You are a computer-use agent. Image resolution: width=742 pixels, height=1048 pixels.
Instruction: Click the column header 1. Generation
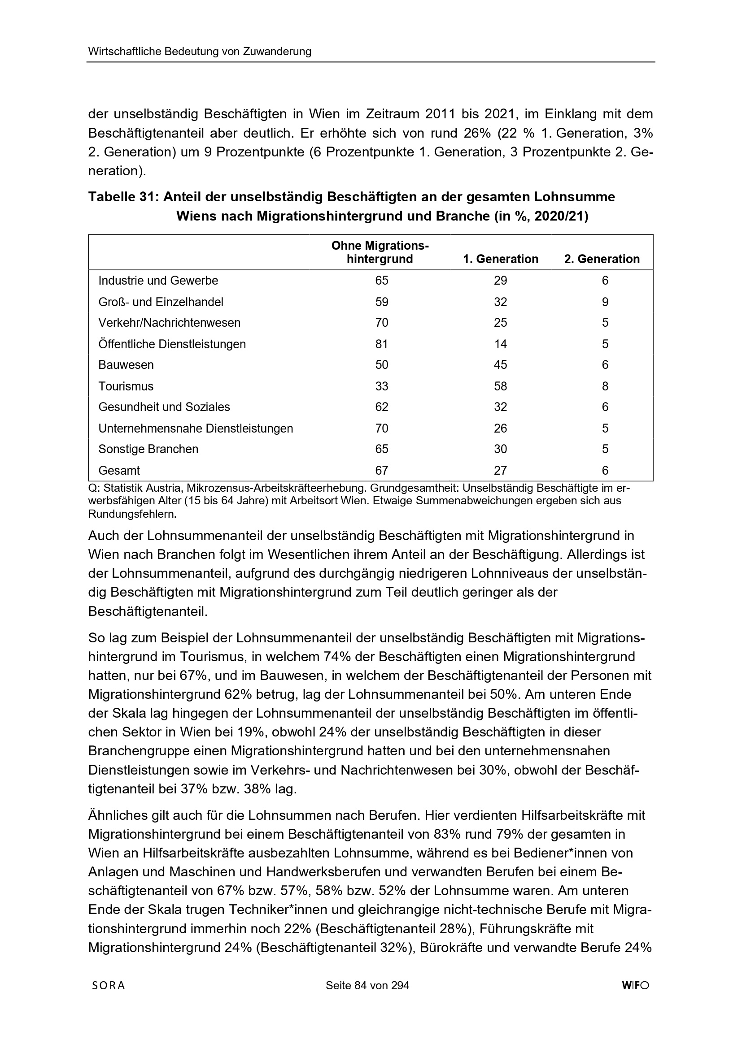pyautogui.click(x=500, y=259)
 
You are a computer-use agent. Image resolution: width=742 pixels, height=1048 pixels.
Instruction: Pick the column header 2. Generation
pyautogui.click(x=602, y=259)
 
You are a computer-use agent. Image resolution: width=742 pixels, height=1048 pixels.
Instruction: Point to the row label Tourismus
pyautogui.click(x=126, y=386)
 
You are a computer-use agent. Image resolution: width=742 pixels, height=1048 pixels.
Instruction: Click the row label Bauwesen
pyautogui.click(x=126, y=365)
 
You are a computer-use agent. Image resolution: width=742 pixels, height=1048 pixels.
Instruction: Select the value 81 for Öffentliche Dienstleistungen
pyautogui.click(x=381, y=344)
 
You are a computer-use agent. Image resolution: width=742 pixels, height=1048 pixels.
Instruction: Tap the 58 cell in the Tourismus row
pyautogui.click(x=500, y=386)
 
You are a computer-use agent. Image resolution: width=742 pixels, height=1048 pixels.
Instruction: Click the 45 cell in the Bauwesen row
pyautogui.click(x=500, y=365)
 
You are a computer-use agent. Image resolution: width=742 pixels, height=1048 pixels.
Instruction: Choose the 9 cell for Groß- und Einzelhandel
pyautogui.click(x=605, y=302)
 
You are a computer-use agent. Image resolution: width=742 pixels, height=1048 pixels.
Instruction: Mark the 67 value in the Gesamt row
pyautogui.click(x=381, y=470)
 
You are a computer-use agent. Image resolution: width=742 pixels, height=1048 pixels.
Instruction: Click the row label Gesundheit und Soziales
pyautogui.click(x=164, y=407)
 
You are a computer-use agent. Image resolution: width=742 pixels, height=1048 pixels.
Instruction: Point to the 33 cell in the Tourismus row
pyautogui.click(x=381, y=386)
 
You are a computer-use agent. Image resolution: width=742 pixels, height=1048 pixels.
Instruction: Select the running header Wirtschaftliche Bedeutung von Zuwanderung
pyautogui.click(x=200, y=52)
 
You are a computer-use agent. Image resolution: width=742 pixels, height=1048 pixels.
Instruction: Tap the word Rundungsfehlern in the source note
pyautogui.click(x=132, y=514)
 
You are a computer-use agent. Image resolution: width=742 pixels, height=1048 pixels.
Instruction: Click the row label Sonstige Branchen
pyautogui.click(x=148, y=449)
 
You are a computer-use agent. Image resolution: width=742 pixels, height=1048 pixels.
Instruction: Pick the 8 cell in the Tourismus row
pyautogui.click(x=605, y=386)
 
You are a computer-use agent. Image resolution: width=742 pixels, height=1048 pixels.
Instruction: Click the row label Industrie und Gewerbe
pyautogui.click(x=158, y=280)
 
